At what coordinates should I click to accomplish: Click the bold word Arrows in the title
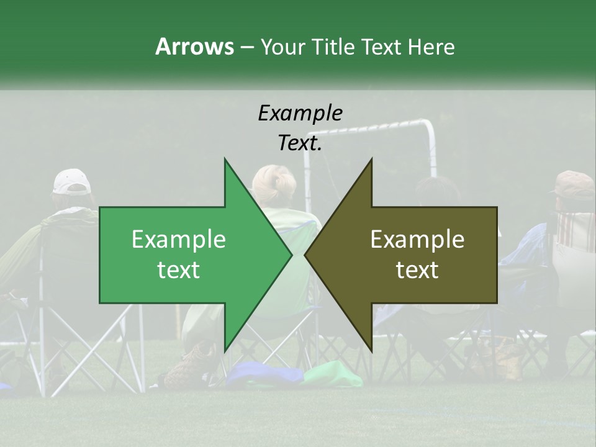tap(194, 47)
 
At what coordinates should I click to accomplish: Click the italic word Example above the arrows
tap(300, 113)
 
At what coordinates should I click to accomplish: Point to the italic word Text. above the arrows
tap(300, 143)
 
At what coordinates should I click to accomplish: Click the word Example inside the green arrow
tap(178, 240)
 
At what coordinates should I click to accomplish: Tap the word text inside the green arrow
tap(178, 270)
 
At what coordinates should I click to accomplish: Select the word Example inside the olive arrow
tap(417, 240)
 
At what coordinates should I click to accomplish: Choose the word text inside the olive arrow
tap(417, 270)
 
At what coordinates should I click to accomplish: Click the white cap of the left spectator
tap(71, 181)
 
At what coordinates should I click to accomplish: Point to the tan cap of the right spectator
tap(574, 183)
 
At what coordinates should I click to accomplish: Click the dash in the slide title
tap(246, 48)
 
